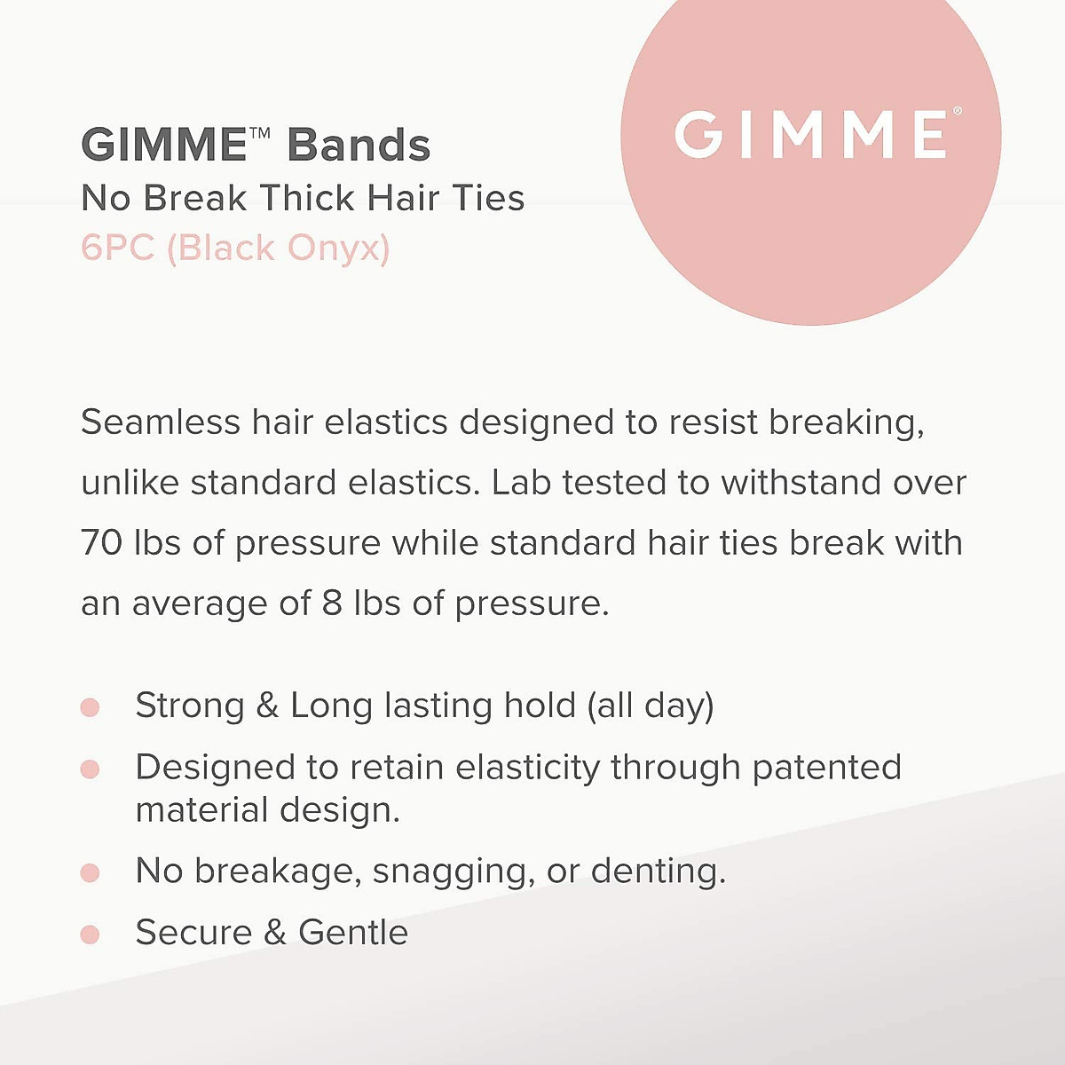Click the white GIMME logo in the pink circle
[812, 135]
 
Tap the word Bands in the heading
[359, 146]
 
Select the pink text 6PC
[117, 248]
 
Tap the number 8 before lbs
[332, 603]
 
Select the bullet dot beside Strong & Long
[90, 707]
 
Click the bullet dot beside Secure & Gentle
[90, 935]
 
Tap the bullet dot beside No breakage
[90, 873]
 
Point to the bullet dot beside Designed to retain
[90, 769]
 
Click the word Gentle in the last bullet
[352, 933]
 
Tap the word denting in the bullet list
[658, 872]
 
